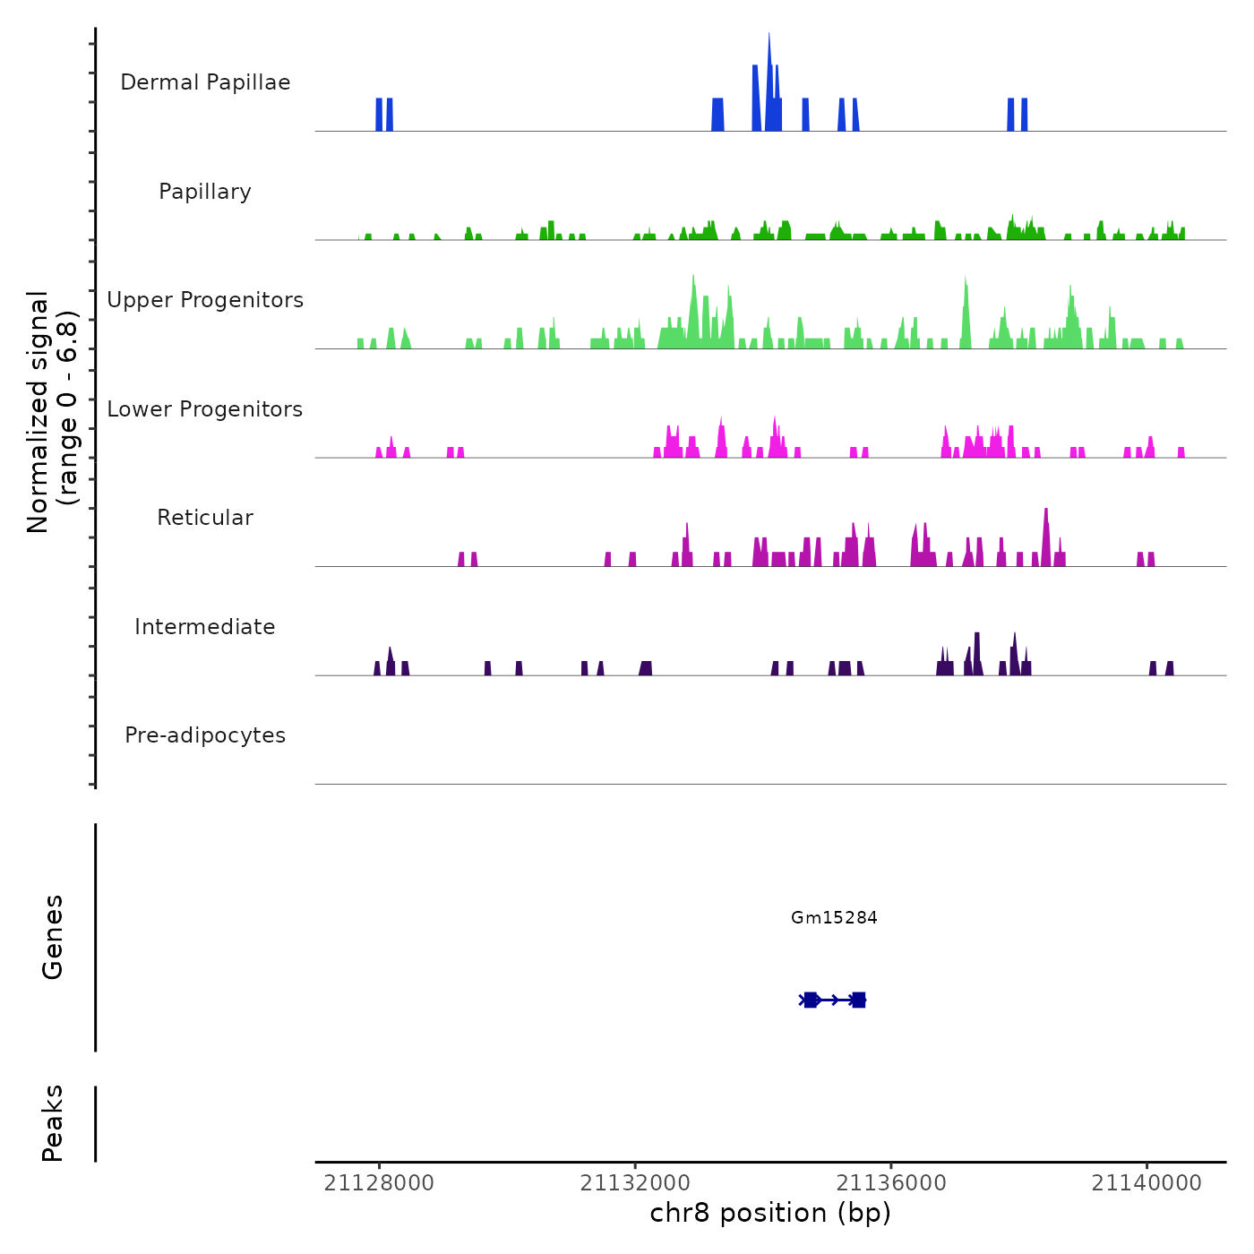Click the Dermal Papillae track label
pos(205,82)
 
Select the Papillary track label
pos(205,192)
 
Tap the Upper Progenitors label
pos(205,300)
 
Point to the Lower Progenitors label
pos(205,409)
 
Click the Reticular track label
pos(205,518)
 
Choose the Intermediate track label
pos(205,627)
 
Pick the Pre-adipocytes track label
pos(205,735)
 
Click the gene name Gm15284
pos(834,917)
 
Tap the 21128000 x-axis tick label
pos(379,1183)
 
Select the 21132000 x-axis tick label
pos(635,1183)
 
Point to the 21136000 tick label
pos(891,1183)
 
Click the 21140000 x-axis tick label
pos(1147,1183)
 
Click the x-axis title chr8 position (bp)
pos(770,1213)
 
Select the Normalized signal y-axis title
pos(52,412)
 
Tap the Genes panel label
pos(53,937)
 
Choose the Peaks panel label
pos(53,1123)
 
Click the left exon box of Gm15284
pos(811,1000)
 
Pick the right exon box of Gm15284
pos(858,1000)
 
